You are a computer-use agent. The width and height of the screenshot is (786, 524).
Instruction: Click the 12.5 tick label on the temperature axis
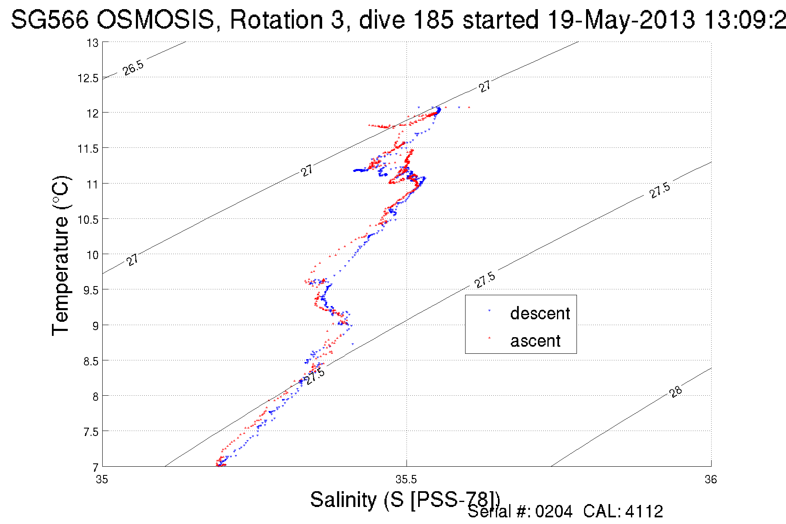coord(88,78)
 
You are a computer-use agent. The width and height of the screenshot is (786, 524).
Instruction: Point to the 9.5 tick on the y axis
coord(91,290)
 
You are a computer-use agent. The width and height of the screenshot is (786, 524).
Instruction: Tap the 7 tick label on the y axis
coord(96,467)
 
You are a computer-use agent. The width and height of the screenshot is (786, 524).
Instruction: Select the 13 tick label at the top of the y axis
coord(92,43)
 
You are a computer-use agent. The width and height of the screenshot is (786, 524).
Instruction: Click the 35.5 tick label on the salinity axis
coord(406,480)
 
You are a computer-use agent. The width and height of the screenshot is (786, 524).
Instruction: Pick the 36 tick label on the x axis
coord(711,480)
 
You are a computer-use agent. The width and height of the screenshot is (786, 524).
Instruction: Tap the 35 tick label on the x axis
coord(102,480)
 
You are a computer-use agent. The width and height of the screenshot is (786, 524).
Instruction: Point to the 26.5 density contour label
coord(133,68)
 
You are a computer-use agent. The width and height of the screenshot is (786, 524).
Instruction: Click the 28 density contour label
coord(676,392)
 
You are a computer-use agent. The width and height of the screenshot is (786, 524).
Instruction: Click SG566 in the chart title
coord(49,20)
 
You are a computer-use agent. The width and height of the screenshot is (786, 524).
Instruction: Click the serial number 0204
coord(554,512)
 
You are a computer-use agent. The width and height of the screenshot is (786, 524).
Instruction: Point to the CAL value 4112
coord(644,512)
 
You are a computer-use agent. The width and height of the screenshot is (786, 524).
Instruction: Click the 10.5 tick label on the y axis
coord(88,220)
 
